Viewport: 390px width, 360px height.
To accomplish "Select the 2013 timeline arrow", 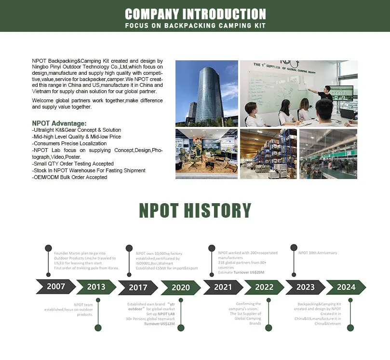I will pyautogui.click(x=96, y=287).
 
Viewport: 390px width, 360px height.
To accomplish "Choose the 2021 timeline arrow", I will pyautogui.click(x=223, y=287).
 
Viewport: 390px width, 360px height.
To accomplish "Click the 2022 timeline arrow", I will pyautogui.click(x=264, y=287).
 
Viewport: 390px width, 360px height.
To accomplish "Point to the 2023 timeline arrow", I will pyautogui.click(x=305, y=287).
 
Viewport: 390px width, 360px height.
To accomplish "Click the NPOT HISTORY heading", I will pyautogui.click(x=195, y=211).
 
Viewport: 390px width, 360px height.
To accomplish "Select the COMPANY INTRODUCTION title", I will pyautogui.click(x=195, y=14).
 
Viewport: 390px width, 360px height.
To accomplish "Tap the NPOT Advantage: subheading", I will pyautogui.click(x=59, y=124).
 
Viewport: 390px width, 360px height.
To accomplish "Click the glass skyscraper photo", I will pyautogui.click(x=206, y=93).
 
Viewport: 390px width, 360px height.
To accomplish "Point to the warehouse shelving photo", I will pyautogui.click(x=268, y=154).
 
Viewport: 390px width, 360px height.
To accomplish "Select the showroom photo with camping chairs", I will pyautogui.click(x=206, y=154).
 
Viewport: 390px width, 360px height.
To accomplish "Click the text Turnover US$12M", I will pyautogui.click(x=159, y=324).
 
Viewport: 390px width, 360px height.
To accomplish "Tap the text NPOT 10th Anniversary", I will pyautogui.click(x=318, y=253).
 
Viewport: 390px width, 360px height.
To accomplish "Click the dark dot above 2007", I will pyautogui.click(x=48, y=248).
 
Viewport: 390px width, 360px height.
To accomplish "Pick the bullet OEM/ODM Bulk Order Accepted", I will pyautogui.click(x=69, y=177).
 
